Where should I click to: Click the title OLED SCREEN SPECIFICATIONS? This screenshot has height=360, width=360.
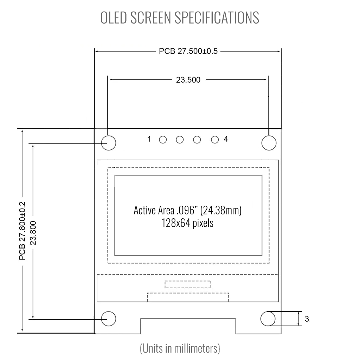tap(180, 18)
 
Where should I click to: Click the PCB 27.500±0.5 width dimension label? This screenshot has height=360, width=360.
tap(188, 51)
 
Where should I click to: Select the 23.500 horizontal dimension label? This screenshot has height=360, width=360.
tap(188, 80)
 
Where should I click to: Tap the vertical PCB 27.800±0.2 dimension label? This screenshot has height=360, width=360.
tap(22, 231)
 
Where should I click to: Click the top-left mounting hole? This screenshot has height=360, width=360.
tap(109, 143)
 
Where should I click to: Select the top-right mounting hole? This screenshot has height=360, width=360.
tap(269, 143)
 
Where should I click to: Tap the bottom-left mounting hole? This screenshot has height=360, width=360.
tap(109, 319)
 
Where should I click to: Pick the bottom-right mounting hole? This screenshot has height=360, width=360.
tap(268, 319)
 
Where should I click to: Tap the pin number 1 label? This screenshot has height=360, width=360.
tap(149, 139)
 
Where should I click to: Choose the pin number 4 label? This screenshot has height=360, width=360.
tap(226, 139)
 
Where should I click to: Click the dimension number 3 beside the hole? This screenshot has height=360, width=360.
tap(307, 319)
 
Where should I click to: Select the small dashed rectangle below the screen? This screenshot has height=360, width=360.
tap(188, 284)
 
